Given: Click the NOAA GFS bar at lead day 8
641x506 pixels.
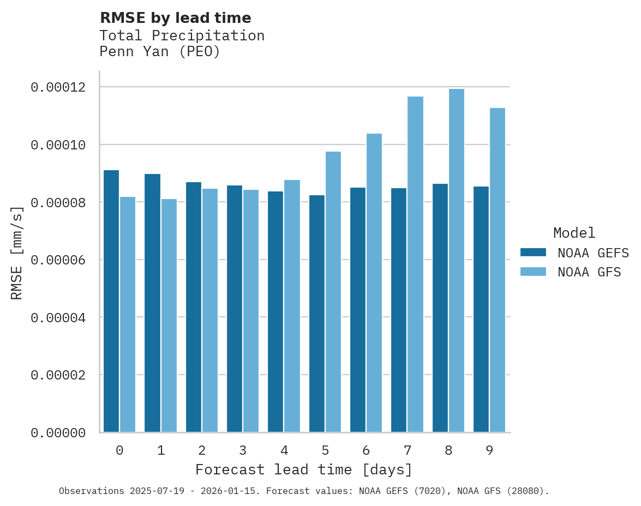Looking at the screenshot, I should pos(456,261).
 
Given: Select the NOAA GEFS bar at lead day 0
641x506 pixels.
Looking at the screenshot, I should pos(111,301).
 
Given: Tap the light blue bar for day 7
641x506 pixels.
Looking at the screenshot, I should pos(415,264).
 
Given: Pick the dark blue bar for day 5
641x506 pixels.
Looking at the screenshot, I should pos(317,314).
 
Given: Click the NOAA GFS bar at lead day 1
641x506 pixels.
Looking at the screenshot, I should pos(169,316).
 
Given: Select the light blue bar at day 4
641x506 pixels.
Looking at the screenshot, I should pos(292,306).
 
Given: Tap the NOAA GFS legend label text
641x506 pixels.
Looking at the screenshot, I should pos(589,272).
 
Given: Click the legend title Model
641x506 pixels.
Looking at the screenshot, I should pos(574,233).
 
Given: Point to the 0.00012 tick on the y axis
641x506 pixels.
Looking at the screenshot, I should pos(58,87).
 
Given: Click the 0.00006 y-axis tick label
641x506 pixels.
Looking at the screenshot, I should pos(58,260).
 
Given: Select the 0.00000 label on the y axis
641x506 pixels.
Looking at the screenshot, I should pos(58,433).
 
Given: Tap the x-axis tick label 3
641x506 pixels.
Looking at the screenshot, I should pos(243,451).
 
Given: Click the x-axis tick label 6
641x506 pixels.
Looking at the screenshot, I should pos(366,451).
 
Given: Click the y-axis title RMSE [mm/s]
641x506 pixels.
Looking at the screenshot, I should pos(17,253).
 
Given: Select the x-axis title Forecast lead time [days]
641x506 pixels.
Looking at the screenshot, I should pos(304,469).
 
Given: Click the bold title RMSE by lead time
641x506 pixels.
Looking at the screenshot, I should pos(175,18).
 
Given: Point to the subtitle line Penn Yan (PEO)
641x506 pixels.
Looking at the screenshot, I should pos(159,52).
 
